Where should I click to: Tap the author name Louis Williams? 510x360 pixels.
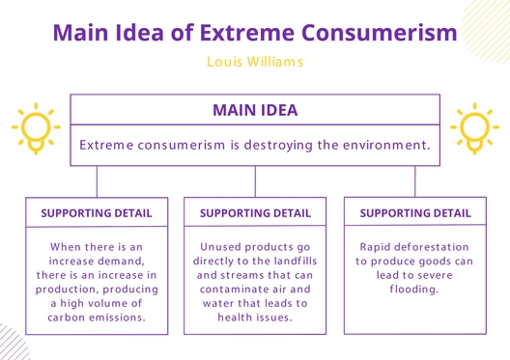click(255, 62)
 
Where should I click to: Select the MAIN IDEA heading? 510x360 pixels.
click(255, 110)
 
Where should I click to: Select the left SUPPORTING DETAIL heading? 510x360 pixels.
click(97, 212)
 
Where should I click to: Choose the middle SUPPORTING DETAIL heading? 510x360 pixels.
click(255, 212)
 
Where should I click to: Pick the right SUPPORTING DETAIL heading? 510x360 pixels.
click(415, 212)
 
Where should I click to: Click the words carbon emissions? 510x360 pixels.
click(97, 317)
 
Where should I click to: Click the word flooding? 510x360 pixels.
click(414, 289)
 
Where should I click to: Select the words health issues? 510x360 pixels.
click(255, 317)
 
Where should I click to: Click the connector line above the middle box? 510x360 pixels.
click(255, 181)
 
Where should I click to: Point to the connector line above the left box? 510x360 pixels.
click(97, 181)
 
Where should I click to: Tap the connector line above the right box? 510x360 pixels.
click(415, 181)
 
